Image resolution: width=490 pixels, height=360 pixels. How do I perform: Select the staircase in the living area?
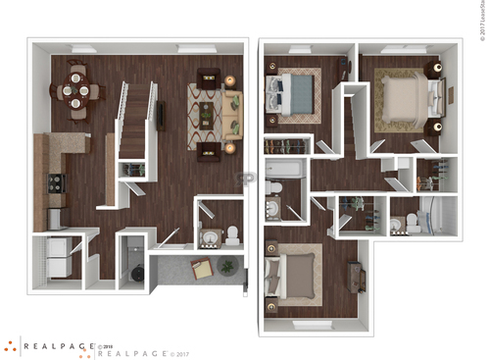pos(135,118)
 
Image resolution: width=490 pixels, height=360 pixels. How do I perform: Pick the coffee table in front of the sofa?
pos(207,114)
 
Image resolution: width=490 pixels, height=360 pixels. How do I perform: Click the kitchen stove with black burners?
pos(56,182)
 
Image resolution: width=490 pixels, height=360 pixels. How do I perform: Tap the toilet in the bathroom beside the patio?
pos(232,234)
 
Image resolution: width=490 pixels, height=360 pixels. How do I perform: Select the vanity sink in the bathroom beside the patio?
pos(209,236)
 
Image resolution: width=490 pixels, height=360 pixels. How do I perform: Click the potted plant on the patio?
pos(227,266)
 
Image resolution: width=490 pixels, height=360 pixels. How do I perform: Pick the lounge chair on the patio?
pos(203,269)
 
